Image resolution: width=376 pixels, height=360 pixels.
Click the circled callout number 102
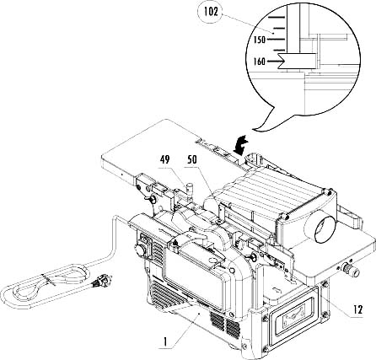pos(211,12)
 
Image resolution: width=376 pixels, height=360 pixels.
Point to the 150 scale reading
pos(260,40)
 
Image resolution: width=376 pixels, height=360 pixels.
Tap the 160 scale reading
pos(260,61)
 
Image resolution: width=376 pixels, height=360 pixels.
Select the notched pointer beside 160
pos(297,61)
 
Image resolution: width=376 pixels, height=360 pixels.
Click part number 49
pos(165,160)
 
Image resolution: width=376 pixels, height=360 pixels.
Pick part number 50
pos(192,160)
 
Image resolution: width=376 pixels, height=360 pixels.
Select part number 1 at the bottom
pos(165,341)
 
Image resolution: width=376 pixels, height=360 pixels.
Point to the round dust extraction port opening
pos(324,229)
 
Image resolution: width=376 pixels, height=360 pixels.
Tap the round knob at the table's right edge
pos(350,270)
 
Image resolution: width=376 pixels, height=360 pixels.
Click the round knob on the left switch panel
pos(140,250)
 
